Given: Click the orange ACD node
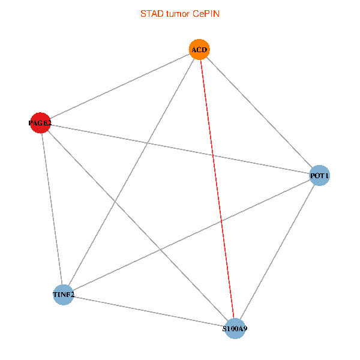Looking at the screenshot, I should [200, 49].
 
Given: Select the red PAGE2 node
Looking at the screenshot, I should [40, 123].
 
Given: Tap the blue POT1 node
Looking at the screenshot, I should [319, 176].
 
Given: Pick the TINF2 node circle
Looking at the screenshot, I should [63, 295].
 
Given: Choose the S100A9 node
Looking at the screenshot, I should [235, 329].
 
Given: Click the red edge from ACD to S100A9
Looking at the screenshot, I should [217, 189].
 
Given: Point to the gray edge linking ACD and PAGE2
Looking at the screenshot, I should [120, 86].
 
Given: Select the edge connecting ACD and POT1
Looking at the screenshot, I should [259, 112].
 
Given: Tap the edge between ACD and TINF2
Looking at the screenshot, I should [131, 172].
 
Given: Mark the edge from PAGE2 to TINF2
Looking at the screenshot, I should [52, 209].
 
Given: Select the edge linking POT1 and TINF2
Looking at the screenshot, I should [191, 235].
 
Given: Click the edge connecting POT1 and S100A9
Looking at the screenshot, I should [277, 252].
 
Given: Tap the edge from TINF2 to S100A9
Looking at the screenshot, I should [149, 311].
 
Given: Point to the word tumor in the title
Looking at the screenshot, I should [179, 13].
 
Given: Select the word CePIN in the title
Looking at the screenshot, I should [206, 13].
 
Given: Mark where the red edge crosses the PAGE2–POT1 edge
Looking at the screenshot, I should [213, 155].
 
